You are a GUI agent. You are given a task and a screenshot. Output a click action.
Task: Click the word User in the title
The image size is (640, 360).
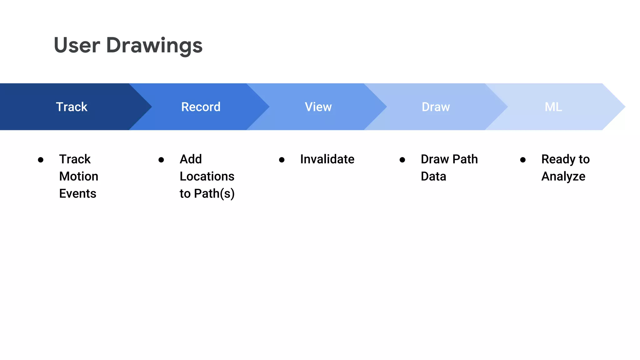coord(77,45)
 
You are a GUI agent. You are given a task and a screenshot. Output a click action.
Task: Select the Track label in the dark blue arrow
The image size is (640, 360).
coord(72,107)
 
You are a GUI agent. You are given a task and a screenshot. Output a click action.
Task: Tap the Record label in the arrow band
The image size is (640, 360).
coord(201,107)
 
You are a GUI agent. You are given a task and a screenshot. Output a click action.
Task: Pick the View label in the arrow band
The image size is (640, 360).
coord(318,107)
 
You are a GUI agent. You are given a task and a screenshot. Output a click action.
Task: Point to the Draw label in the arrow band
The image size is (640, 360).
coord(436,107)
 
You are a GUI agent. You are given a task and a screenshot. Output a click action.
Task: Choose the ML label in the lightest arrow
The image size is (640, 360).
coord(553,107)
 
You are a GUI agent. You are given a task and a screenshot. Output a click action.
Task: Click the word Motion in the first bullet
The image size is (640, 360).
coord(79,177)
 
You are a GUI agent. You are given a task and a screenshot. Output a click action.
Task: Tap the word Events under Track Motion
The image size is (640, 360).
coord(78,194)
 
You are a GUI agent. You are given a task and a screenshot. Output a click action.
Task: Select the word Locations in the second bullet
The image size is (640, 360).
coord(207,177)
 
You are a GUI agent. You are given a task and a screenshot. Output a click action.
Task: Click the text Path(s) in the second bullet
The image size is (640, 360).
coord(214,194)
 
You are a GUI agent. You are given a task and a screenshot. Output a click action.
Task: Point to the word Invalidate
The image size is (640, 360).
coord(327,159)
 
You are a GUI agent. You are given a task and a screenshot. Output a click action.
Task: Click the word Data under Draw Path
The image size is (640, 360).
coord(433,177)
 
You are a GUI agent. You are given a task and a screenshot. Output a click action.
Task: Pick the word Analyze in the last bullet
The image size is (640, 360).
coord(563,177)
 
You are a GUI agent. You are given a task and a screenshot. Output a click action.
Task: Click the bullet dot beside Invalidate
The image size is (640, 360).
coord(282,160)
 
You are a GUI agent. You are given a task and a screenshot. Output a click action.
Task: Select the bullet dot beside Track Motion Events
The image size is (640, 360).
coord(41,160)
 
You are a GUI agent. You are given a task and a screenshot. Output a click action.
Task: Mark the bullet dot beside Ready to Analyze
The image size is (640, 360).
coord(523,160)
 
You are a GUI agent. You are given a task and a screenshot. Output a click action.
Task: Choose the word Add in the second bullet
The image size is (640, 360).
coord(191,159)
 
